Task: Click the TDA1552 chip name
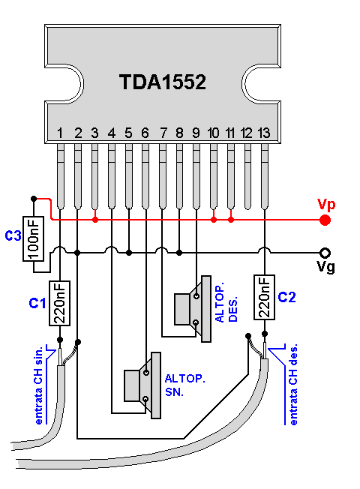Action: pyautogui.click(x=163, y=82)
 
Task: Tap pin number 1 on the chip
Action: pyautogui.click(x=59, y=133)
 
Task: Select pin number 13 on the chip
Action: pyautogui.click(x=263, y=133)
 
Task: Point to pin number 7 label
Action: pyautogui.click(x=163, y=133)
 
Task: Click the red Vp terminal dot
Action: pyautogui.click(x=325, y=220)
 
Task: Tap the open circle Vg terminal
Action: pyautogui.click(x=325, y=253)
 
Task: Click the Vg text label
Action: pyautogui.click(x=325, y=268)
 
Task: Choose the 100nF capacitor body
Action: pyautogui.click(x=33, y=240)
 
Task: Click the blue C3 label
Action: pyautogui.click(x=13, y=237)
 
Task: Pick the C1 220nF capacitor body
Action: pyautogui.click(x=59, y=303)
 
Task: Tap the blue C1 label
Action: pyautogui.click(x=37, y=303)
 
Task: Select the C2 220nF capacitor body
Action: pyautogui.click(x=263, y=297)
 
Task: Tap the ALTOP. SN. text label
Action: pyautogui.click(x=178, y=384)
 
